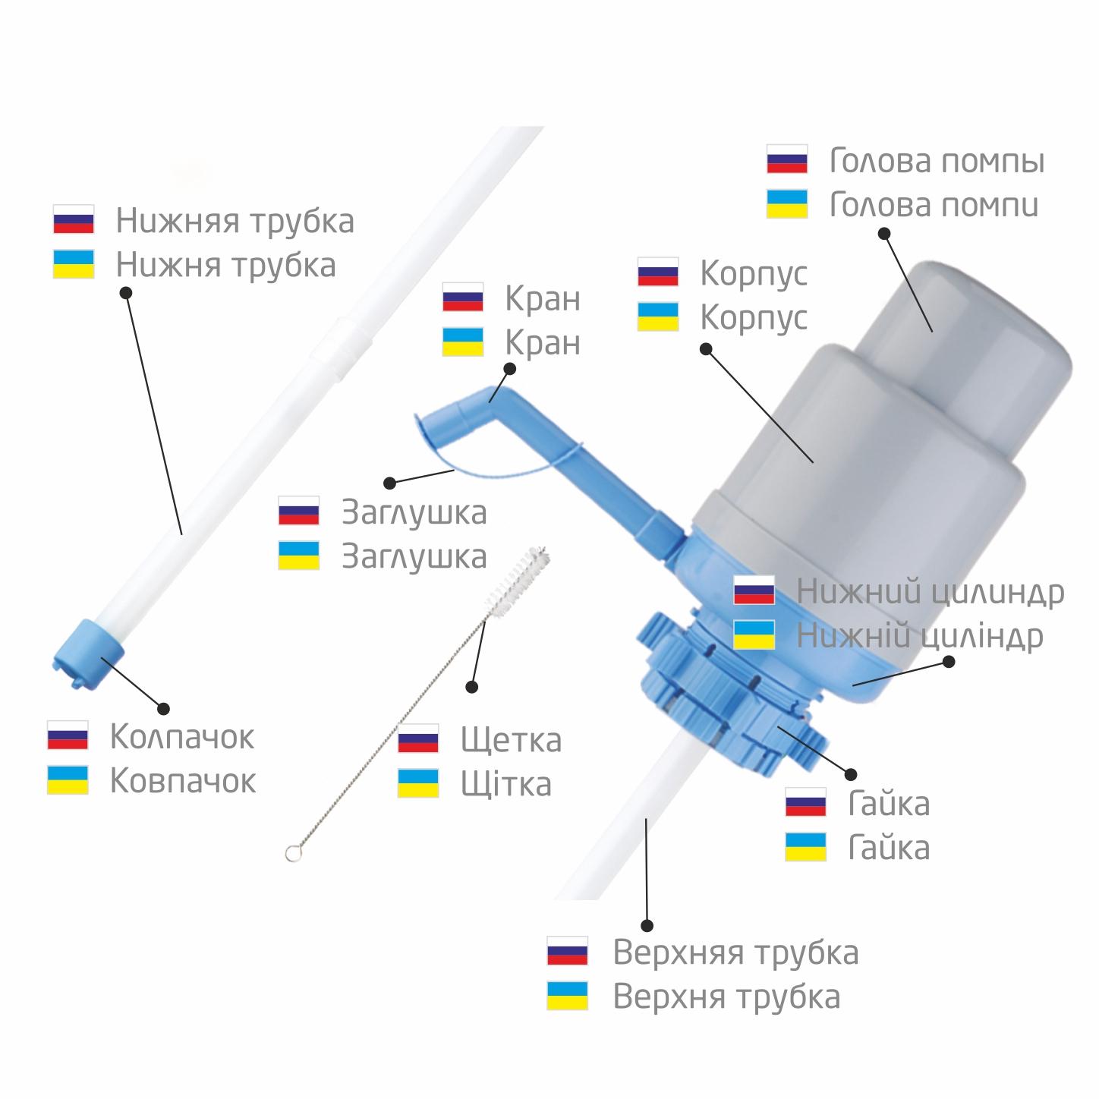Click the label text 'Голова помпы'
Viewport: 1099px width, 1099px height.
coord(937,162)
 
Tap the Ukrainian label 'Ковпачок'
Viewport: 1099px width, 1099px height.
coord(183,781)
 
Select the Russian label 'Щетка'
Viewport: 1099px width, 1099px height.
coord(511,740)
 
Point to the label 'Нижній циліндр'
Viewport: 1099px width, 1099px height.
coord(919,636)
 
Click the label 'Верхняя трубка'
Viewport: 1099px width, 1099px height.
coord(735,953)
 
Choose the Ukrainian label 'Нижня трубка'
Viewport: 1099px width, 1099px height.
coord(225,265)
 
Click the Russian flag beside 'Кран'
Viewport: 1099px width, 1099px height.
coord(463,298)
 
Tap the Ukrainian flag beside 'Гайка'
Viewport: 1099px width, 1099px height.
coord(805,847)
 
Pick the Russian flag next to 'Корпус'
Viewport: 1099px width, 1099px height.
coord(658,272)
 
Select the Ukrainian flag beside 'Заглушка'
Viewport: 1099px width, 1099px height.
coord(299,556)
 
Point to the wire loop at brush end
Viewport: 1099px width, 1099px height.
coord(292,854)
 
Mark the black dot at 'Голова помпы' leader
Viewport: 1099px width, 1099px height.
coord(884,233)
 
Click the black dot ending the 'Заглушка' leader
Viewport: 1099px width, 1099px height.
coord(390,483)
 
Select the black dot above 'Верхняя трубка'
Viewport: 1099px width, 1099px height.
coord(647,925)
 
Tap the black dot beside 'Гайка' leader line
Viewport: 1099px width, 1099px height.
coord(851,775)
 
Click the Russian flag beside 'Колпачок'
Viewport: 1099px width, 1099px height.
coord(68,735)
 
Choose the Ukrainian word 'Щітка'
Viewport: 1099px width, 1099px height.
coord(506,784)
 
